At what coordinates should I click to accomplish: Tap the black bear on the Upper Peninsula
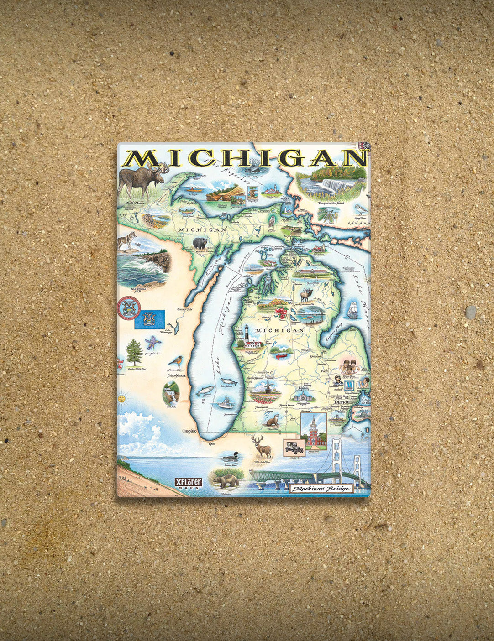pyautogui.click(x=200, y=243)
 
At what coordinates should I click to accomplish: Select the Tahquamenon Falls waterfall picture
pyautogui.click(x=332, y=185)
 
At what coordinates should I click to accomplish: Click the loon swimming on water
pyautogui.click(x=230, y=456)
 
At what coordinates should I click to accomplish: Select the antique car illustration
pyautogui.click(x=294, y=447)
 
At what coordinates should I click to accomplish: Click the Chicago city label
pyautogui.click(x=189, y=431)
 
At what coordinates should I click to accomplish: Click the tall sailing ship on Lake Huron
pyautogui.click(x=353, y=310)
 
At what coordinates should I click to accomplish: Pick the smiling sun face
pyautogui.click(x=121, y=399)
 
